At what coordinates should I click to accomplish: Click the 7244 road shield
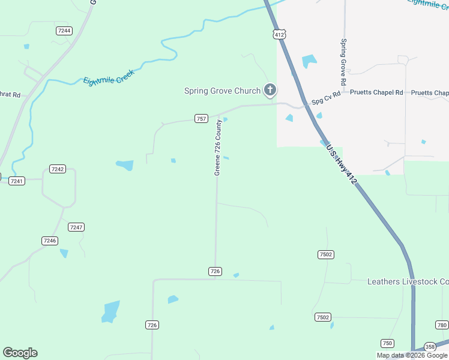[64, 31]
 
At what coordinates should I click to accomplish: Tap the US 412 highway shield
[279, 35]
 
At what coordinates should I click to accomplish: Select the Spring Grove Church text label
[222, 91]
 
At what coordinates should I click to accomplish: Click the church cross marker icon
[270, 91]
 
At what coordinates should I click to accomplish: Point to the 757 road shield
[201, 119]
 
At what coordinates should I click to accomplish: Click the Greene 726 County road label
[218, 148]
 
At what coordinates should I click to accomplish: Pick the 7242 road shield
[58, 169]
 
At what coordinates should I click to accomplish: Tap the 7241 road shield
[16, 181]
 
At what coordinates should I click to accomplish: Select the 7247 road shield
[76, 227]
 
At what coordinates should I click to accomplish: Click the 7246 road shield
[50, 241]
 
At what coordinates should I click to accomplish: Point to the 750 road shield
[388, 343]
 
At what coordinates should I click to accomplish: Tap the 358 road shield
[430, 347]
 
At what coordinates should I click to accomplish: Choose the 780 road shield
[442, 325]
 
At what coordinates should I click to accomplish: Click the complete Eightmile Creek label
[109, 76]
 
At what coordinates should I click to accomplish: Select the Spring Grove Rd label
[343, 62]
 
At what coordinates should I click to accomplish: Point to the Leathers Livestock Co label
[408, 281]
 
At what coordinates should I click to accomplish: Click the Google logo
[20, 353]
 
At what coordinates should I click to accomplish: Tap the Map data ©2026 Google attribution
[412, 355]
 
